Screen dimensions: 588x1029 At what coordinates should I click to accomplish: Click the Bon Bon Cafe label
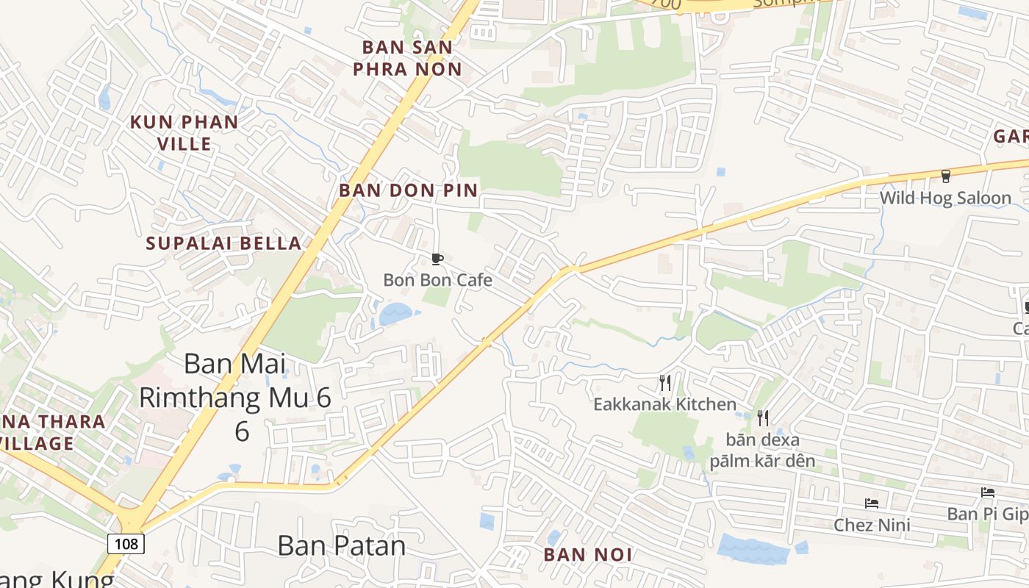pos(437,280)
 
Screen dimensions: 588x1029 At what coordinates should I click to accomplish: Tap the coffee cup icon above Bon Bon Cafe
pos(437,259)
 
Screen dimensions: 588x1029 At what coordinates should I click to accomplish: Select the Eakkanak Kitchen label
pos(664,404)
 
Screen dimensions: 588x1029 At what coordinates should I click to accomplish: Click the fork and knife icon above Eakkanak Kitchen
pos(664,383)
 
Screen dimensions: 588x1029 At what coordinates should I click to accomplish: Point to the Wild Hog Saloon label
pos(945,198)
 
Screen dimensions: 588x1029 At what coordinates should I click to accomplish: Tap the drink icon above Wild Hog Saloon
pos(946,176)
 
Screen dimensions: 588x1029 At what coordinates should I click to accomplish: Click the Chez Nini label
pos(872,525)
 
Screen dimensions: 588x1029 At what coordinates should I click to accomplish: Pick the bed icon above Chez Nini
pos(872,503)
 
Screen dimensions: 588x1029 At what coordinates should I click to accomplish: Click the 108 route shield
pos(126,544)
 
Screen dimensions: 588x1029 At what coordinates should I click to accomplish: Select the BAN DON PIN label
pos(408,190)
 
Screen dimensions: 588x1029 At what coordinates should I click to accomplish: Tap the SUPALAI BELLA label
pos(223,243)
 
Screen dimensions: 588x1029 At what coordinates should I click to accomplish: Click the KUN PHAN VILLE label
pos(184,132)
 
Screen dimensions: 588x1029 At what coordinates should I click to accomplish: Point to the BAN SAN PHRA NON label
pos(407,58)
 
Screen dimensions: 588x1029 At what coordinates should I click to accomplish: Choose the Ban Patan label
pos(342,545)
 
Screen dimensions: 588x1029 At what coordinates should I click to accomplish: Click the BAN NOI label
pos(588,555)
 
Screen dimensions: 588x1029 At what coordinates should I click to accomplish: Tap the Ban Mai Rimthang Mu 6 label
pos(235,397)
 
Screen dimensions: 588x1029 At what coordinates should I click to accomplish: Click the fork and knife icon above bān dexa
pos(763,418)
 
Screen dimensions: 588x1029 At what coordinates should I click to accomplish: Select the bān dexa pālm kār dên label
pos(762,451)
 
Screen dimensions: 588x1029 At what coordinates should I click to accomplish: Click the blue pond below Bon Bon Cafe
pos(395,314)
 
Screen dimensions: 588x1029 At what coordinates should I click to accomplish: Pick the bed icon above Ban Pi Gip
pos(988,492)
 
